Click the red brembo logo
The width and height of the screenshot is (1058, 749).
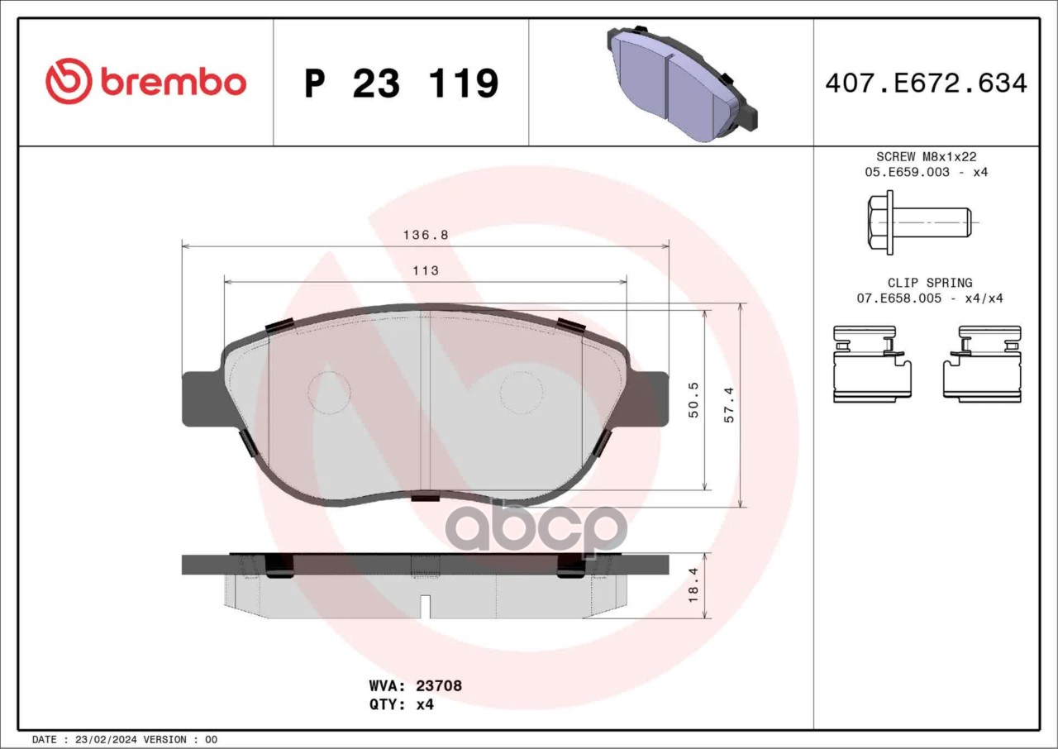pos(146,81)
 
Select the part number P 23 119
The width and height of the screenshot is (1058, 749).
pos(402,83)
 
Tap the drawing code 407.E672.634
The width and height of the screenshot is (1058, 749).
pos(927,83)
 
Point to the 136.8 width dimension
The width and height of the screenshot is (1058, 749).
pos(426,235)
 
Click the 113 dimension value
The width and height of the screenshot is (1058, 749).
pos(426,270)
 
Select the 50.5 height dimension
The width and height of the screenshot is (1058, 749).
pos(693,400)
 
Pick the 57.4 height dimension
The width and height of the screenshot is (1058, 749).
pos(729,405)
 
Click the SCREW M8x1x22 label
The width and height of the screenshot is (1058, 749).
pos(927,156)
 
